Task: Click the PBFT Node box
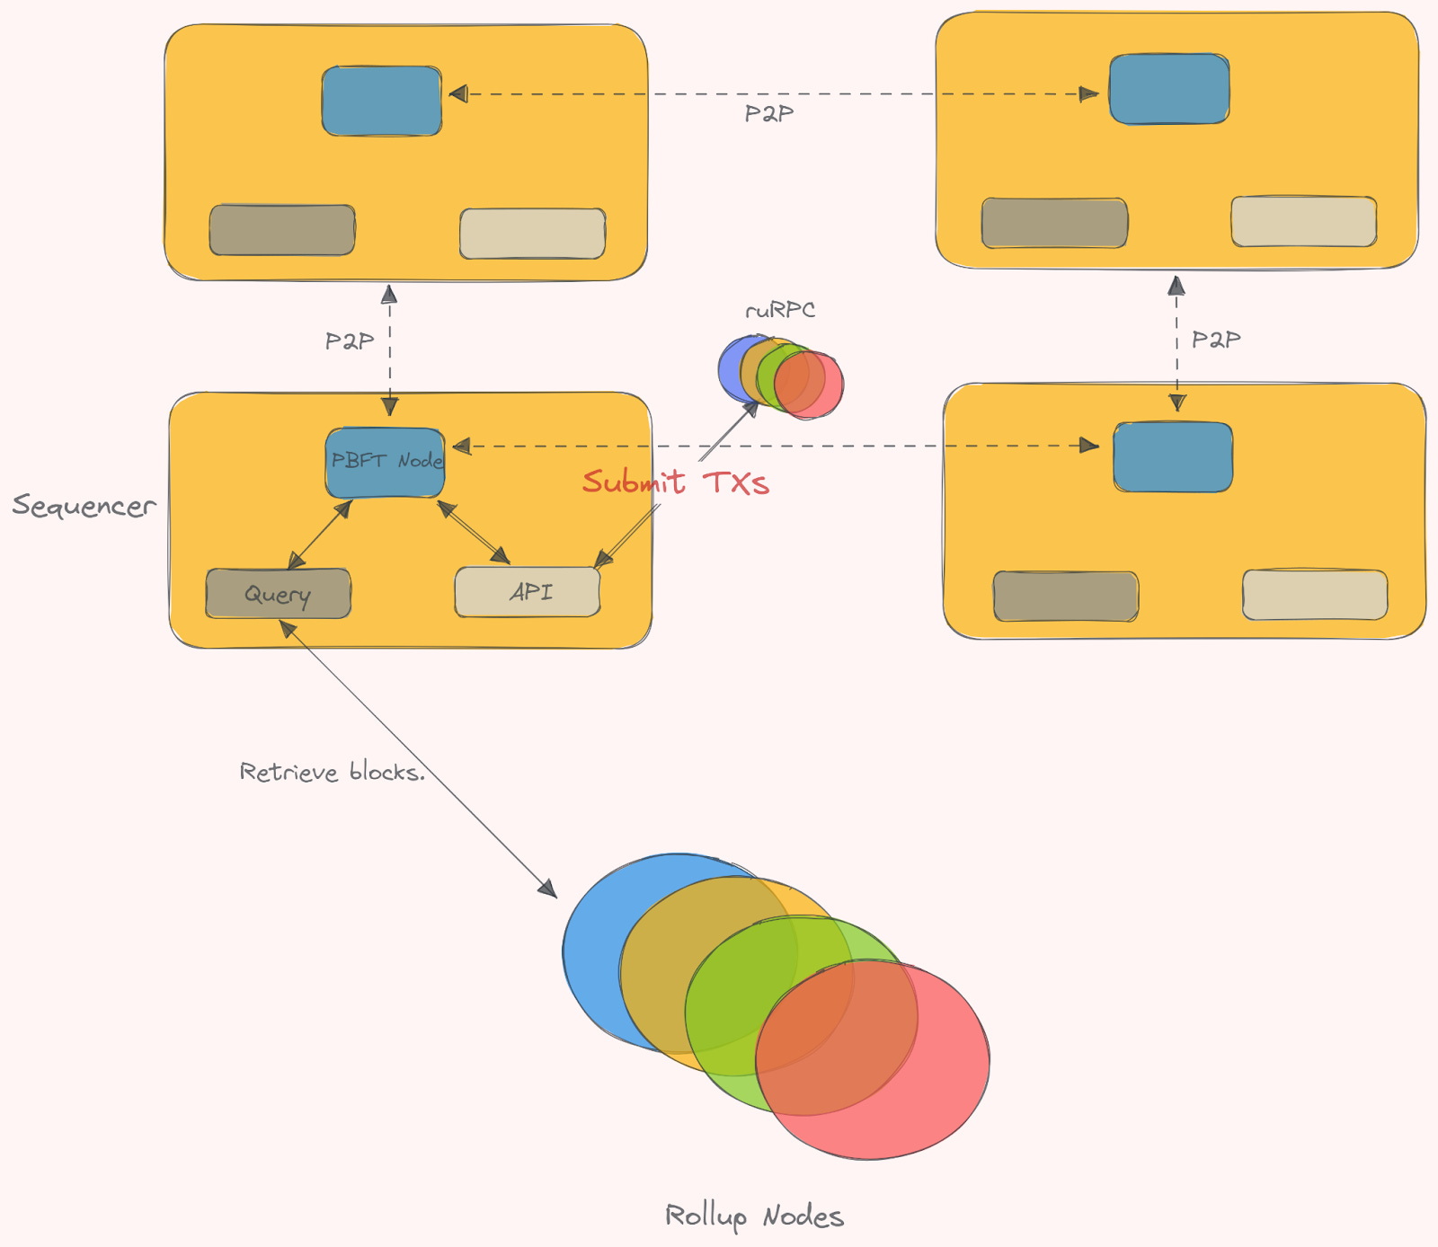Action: click(385, 463)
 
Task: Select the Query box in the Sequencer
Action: click(278, 594)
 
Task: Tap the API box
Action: click(528, 592)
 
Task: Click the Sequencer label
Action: click(84, 506)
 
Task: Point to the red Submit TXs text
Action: click(675, 482)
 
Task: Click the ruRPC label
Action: click(780, 310)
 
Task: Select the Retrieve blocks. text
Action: click(332, 772)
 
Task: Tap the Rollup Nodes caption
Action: click(754, 1216)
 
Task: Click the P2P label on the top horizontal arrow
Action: click(769, 113)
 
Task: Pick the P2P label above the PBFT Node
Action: click(350, 341)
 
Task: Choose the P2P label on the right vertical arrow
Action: click(1216, 340)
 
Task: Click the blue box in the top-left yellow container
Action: click(382, 101)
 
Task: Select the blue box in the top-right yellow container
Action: click(1169, 89)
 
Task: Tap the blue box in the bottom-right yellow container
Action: click(1173, 457)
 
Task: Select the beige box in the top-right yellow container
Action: click(1303, 221)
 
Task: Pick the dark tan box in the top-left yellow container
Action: click(282, 230)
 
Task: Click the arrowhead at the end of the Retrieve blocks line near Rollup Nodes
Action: click(548, 889)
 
